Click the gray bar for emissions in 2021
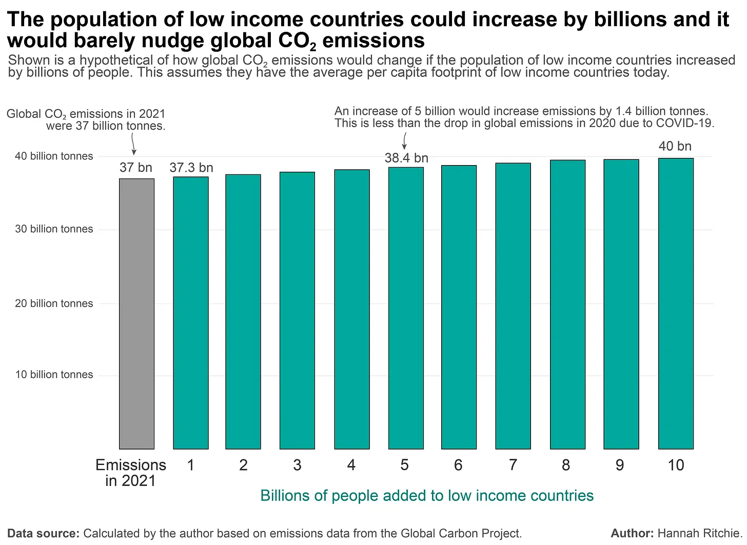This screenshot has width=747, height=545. point(136,314)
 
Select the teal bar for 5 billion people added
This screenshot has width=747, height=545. point(406,308)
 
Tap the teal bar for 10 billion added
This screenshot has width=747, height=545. point(676,304)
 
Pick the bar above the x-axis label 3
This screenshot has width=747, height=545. point(297,311)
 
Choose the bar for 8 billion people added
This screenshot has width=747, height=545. point(567,305)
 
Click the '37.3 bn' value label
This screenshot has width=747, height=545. point(191,168)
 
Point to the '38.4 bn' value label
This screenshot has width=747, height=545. point(406,158)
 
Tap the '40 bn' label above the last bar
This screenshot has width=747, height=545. point(675,146)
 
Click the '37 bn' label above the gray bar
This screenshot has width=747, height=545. point(136,167)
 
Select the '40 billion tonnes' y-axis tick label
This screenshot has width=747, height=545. point(54,156)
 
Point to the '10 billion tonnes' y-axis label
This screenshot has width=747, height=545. point(54,374)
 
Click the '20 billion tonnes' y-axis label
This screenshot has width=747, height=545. point(54,303)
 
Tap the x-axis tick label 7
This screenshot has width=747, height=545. point(513,465)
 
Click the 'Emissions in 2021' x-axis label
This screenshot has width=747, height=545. point(131,473)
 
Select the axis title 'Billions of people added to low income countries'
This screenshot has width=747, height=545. point(427,495)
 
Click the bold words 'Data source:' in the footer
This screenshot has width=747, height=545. point(44,533)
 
